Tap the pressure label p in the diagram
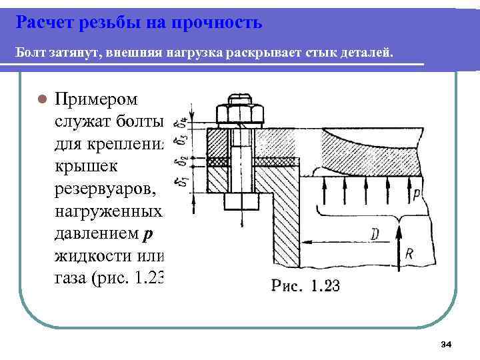(x=416, y=195)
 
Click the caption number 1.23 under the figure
(x=321, y=287)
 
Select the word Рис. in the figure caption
(x=284, y=287)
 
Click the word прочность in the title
(x=217, y=23)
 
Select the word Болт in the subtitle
(x=31, y=52)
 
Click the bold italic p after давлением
(x=148, y=235)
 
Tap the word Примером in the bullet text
(x=97, y=99)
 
